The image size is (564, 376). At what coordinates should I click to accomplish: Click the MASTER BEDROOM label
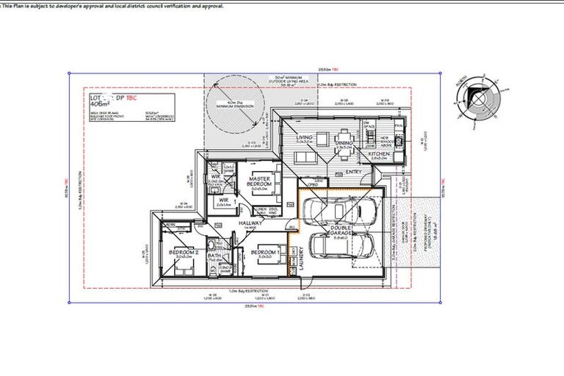point(260,180)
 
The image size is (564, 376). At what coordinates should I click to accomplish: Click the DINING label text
point(344,143)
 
